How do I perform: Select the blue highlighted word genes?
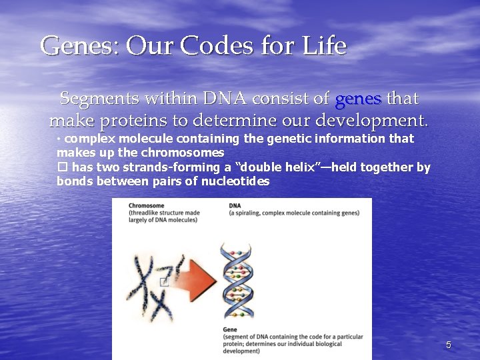point(358,99)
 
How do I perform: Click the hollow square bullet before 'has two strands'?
point(62,167)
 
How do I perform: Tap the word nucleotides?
point(234,181)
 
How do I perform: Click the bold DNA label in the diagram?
point(235,205)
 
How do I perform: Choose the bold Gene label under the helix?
point(231,330)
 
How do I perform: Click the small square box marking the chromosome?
point(163,282)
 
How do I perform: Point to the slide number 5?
point(449,345)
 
